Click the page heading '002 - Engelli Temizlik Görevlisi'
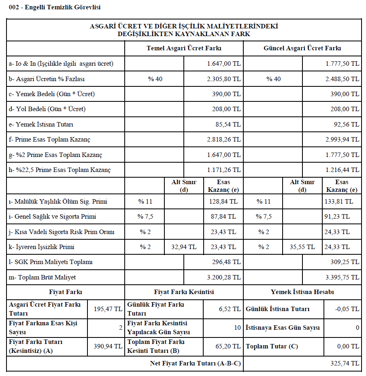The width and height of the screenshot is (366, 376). (x=54, y=7)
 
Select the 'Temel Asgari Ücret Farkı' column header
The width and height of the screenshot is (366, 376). (x=184, y=48)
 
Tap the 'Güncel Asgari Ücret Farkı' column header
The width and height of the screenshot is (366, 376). (x=302, y=48)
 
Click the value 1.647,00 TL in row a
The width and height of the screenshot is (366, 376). (x=223, y=64)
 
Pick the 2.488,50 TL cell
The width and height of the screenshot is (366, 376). (x=342, y=79)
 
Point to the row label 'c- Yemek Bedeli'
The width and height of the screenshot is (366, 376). (x=51, y=94)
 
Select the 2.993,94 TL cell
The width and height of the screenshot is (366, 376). (x=342, y=140)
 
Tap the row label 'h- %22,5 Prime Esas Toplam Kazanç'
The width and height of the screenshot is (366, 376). (x=60, y=170)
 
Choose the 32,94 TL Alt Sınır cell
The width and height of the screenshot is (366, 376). (x=184, y=247)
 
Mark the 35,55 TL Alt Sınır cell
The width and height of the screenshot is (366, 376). (x=302, y=247)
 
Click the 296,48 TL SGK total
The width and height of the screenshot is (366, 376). (x=226, y=262)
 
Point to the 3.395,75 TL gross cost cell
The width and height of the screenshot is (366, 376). (x=342, y=277)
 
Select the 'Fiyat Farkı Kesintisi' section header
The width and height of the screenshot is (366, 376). (x=184, y=292)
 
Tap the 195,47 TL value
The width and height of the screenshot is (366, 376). (x=108, y=309)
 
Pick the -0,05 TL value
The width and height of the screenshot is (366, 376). (x=347, y=309)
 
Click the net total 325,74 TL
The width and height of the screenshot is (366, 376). (x=345, y=363)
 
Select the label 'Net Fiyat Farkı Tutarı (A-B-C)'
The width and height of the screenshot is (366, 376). (x=195, y=363)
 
